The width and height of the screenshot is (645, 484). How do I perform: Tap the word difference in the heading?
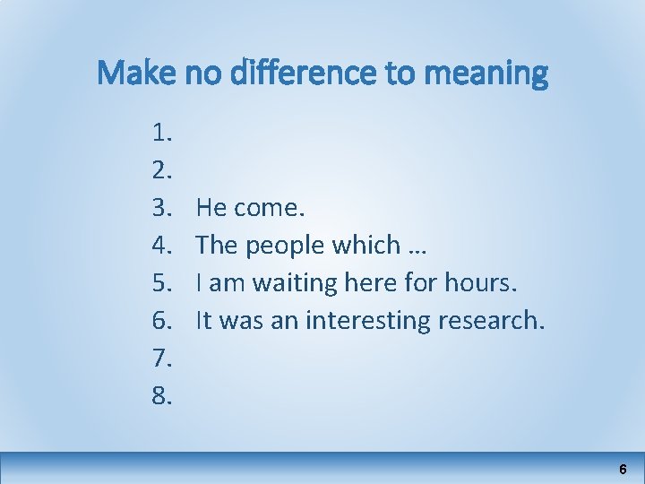pos(305,73)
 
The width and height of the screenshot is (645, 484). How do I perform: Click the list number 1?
pos(162,134)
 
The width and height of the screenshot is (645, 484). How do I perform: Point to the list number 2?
pos(162,171)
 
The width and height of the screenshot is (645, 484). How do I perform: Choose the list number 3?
pos(162,209)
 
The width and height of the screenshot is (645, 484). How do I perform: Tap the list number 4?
pos(162,246)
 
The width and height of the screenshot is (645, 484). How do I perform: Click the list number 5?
pos(162,283)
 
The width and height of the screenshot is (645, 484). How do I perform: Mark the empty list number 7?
pos(162,359)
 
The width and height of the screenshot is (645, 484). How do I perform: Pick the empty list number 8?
pos(162,395)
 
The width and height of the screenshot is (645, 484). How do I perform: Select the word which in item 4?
pos(368,246)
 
